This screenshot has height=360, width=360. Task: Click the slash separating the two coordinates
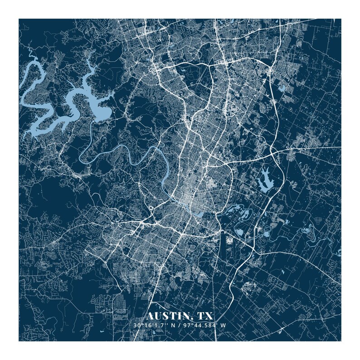180,326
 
